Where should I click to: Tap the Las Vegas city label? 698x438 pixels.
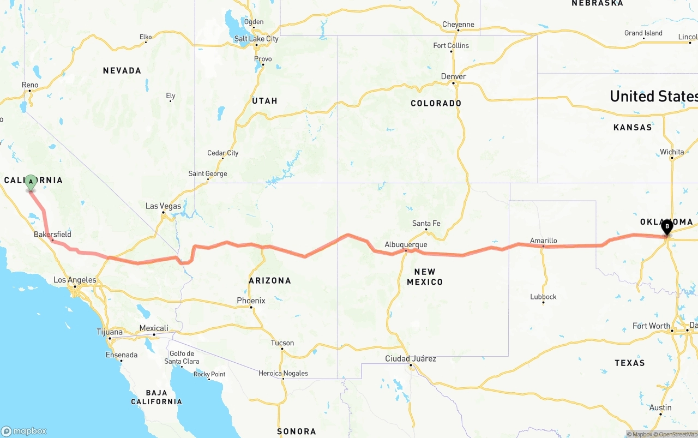click(x=163, y=206)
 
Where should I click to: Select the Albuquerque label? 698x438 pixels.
click(x=406, y=245)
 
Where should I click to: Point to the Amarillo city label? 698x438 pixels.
click(x=544, y=241)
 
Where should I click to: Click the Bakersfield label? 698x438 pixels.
click(x=52, y=235)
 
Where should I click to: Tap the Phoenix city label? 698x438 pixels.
click(x=251, y=301)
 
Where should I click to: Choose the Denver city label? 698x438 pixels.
click(x=453, y=76)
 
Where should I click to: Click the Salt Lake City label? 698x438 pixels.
click(x=256, y=39)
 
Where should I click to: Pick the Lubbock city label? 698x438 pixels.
click(x=543, y=297)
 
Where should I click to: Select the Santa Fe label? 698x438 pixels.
click(x=426, y=223)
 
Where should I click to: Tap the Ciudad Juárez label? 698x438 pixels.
click(x=411, y=358)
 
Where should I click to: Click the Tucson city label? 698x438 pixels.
click(x=282, y=343)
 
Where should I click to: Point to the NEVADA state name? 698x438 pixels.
click(x=122, y=70)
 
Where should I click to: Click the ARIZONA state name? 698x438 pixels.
click(x=270, y=280)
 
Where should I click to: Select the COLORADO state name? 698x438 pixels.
click(x=436, y=103)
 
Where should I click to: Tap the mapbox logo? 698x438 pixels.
click(x=24, y=431)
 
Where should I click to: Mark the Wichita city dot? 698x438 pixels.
click(x=672, y=158)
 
